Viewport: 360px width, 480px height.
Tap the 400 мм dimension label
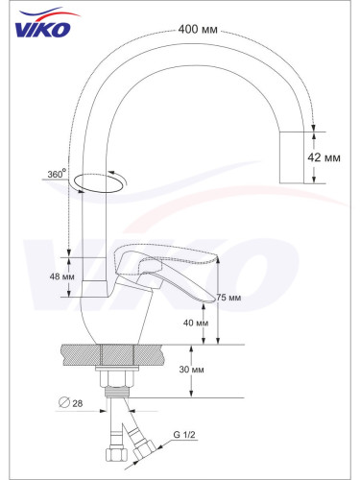pyautogui.click(x=198, y=30)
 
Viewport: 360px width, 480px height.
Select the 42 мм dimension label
pyautogui.click(x=324, y=157)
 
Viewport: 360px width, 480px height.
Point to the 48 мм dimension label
pyautogui.click(x=61, y=276)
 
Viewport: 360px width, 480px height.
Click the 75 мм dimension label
pyautogui.click(x=228, y=298)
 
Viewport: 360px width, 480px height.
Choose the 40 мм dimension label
pyautogui.click(x=196, y=323)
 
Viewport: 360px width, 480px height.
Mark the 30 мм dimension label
pyautogui.click(x=191, y=370)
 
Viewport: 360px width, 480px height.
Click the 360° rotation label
pyautogui.click(x=57, y=174)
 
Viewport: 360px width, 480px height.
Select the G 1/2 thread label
pyautogui.click(x=184, y=435)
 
